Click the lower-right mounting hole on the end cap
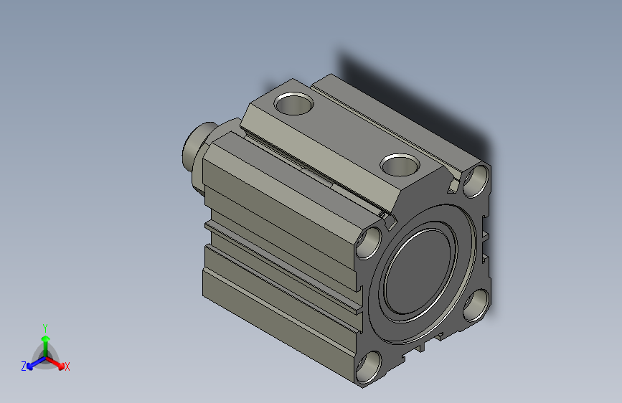point(474,306)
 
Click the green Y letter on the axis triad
point(44,326)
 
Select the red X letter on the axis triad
point(67,366)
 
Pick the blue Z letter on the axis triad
point(24,366)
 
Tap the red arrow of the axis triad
point(57,362)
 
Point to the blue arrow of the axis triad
point(33,362)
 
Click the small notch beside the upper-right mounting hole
point(454,187)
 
